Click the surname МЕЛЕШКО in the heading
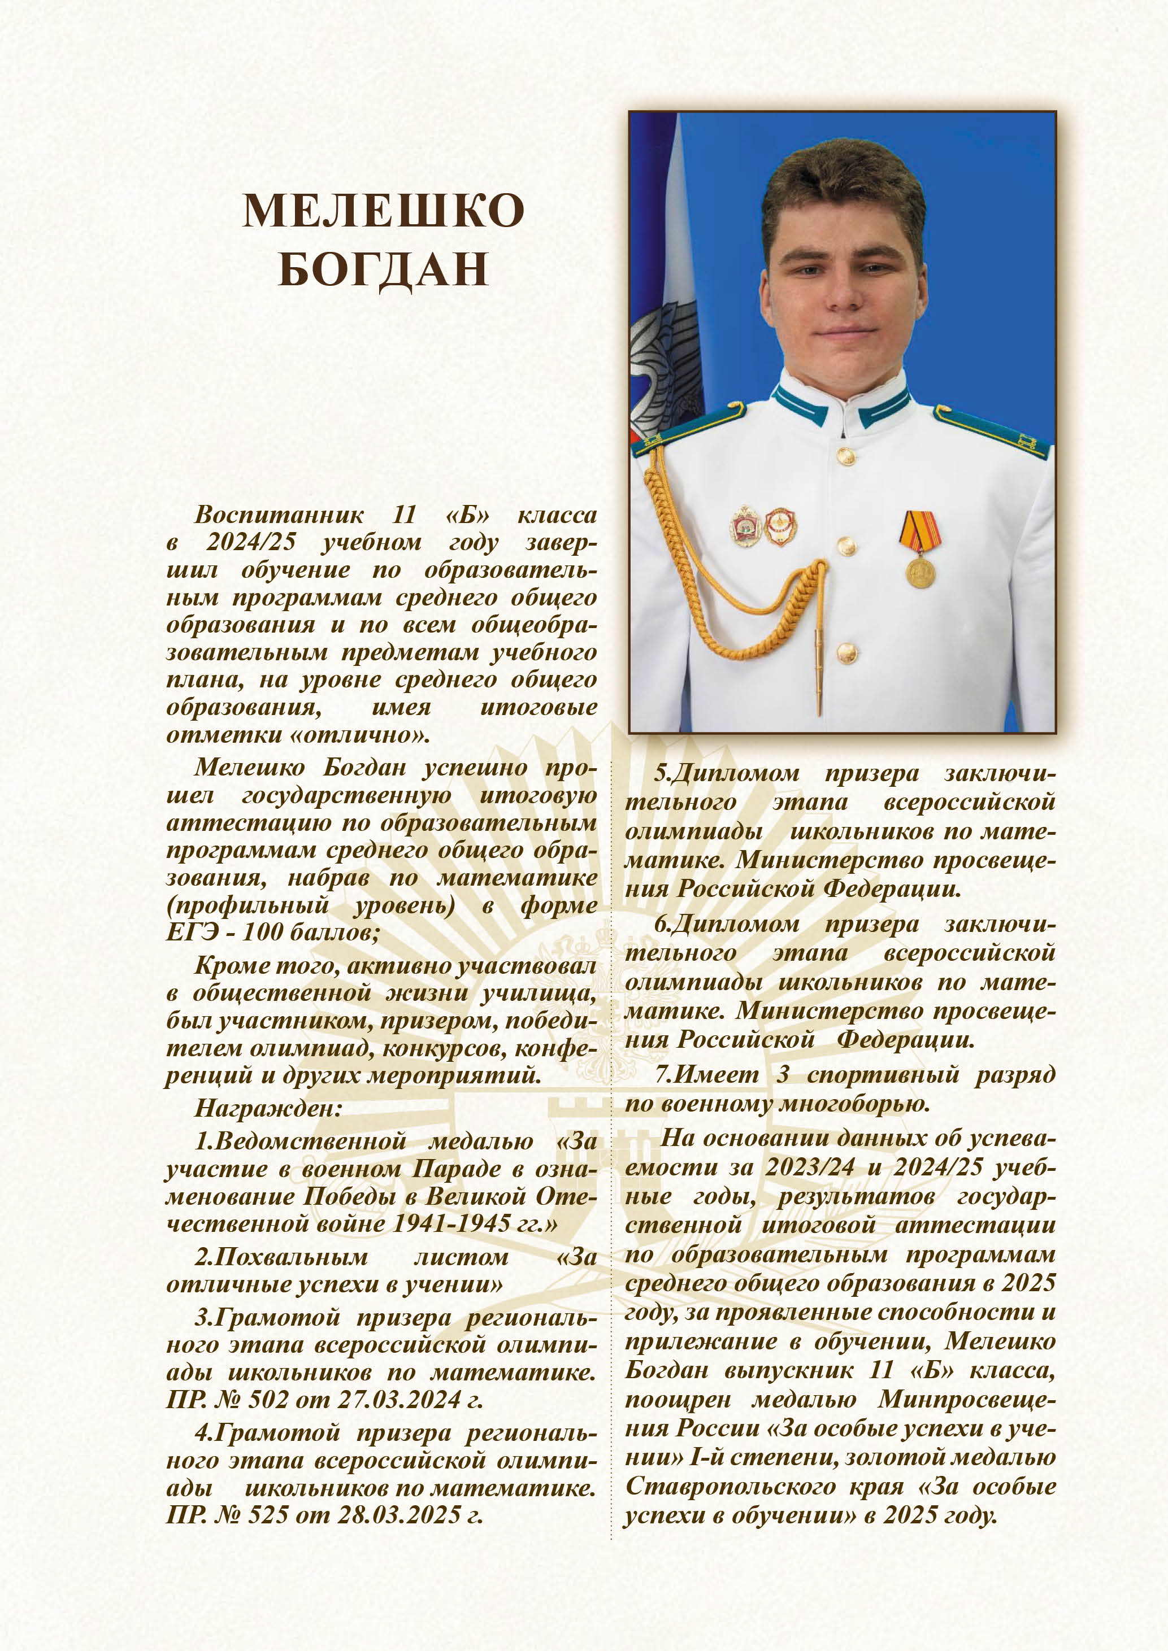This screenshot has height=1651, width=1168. [x=383, y=211]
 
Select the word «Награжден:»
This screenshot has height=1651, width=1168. [x=267, y=1108]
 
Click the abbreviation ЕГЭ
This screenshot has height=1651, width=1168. [x=192, y=933]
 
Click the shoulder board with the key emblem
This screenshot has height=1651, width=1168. [x=991, y=432]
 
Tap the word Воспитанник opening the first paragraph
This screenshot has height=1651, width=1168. [x=279, y=515]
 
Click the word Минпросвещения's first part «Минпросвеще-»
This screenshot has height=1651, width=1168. [x=966, y=1400]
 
